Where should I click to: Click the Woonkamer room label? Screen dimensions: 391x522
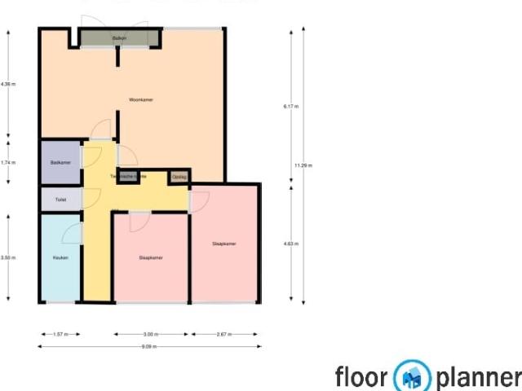(x=141, y=99)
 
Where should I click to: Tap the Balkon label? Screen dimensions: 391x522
(x=119, y=38)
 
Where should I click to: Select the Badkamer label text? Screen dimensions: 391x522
(x=60, y=163)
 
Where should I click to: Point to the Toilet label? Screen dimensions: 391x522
(x=60, y=199)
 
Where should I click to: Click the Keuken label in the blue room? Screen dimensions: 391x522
(x=60, y=257)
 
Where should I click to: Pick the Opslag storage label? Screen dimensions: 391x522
(x=179, y=176)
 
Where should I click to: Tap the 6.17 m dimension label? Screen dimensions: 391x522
(x=290, y=107)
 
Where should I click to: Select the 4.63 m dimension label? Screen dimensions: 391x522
(x=290, y=244)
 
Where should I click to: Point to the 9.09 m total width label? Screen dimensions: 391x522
(x=148, y=347)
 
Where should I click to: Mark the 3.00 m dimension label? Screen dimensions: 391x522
(x=151, y=334)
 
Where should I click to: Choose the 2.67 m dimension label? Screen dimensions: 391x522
(x=223, y=334)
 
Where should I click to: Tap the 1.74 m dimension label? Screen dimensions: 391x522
(x=8, y=162)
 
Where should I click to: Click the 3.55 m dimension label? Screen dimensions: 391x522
(x=8, y=257)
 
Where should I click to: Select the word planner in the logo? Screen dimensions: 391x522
(x=478, y=378)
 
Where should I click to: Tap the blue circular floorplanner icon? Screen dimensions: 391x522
(x=413, y=377)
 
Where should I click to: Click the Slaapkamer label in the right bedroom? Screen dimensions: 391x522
(x=224, y=244)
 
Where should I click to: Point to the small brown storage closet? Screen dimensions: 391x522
(x=179, y=177)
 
